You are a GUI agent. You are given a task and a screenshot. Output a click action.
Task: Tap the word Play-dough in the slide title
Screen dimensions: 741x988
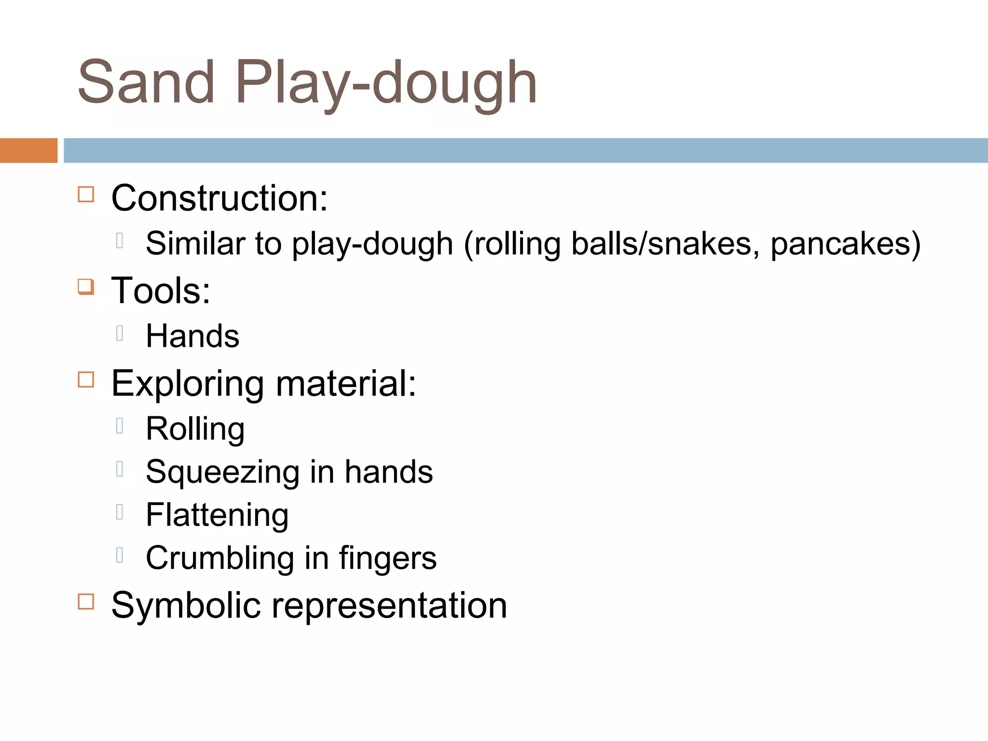pyautogui.click(x=386, y=83)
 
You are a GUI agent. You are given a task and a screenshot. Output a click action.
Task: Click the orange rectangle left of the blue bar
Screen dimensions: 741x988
pyautogui.click(x=28, y=151)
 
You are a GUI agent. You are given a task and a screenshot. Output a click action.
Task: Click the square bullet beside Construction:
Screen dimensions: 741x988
pyautogui.click(x=86, y=194)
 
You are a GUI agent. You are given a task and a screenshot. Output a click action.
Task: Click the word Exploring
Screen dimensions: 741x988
pyautogui.click(x=188, y=384)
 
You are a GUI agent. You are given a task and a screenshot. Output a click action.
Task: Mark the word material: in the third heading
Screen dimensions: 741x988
pyautogui.click(x=346, y=384)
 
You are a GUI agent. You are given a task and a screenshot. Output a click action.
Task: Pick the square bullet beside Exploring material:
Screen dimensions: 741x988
pyautogui.click(x=86, y=380)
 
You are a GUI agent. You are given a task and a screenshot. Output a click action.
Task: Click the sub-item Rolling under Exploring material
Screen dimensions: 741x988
pyautogui.click(x=195, y=429)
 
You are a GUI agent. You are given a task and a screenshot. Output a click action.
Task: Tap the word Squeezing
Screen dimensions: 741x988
pyautogui.click(x=222, y=472)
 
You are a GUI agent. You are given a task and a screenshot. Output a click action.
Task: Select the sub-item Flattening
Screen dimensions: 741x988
pyautogui.click(x=217, y=515)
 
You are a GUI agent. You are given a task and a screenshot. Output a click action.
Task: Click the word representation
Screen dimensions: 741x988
pyautogui.click(x=389, y=606)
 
